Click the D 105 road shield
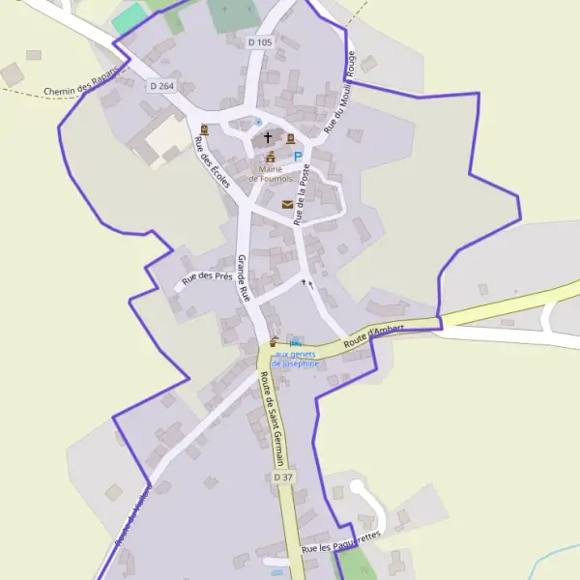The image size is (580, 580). click(260, 43)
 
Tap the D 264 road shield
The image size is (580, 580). click(161, 86)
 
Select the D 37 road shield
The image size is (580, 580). click(282, 478)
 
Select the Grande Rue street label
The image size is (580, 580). click(245, 278)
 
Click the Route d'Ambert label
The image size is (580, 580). click(373, 334)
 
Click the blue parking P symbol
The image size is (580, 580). click(298, 156)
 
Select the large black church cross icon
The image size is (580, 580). click(268, 138)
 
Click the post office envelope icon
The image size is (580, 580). click(287, 204)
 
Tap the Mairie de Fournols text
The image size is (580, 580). click(270, 174)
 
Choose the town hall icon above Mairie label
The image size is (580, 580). click(271, 158)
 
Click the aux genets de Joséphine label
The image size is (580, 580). click(295, 359)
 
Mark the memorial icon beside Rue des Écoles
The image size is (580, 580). click(204, 130)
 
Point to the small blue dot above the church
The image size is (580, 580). click(258, 121)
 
